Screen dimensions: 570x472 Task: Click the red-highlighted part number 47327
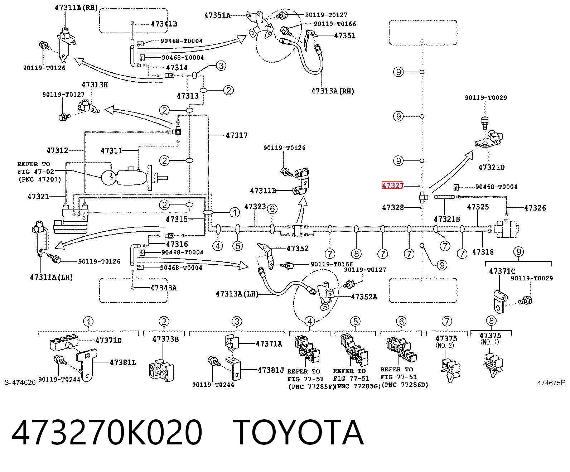click(392, 185)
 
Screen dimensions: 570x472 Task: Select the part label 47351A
click(218, 15)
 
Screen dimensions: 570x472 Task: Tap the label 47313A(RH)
click(333, 91)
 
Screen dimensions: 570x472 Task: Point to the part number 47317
click(237, 135)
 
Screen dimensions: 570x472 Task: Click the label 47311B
click(263, 191)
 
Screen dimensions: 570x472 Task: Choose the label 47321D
click(491, 168)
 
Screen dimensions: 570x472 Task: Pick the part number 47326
click(535, 208)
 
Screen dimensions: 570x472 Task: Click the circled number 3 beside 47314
click(221, 66)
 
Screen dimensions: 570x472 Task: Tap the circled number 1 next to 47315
click(235, 212)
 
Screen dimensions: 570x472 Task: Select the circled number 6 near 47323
click(272, 209)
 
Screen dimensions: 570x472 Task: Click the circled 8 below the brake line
click(356, 254)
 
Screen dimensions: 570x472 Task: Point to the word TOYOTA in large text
click(298, 432)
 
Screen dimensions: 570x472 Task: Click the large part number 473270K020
click(107, 432)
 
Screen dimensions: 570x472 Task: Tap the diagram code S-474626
click(20, 382)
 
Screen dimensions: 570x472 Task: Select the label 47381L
click(123, 362)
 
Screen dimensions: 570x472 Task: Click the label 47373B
click(165, 339)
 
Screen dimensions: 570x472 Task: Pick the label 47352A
click(364, 297)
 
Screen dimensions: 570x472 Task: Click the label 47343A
click(164, 288)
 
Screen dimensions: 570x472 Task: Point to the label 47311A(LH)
click(51, 277)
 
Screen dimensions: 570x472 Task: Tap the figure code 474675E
click(551, 383)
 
